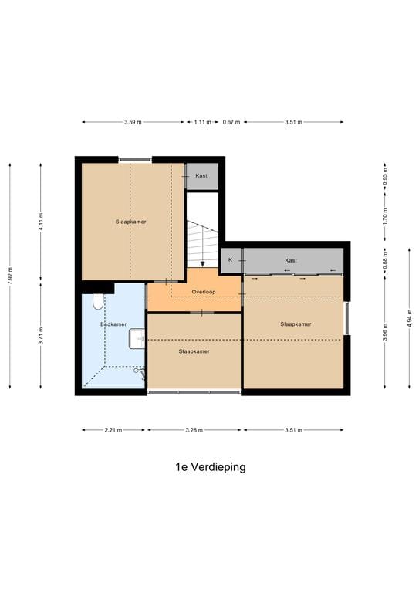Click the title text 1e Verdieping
click(x=210, y=467)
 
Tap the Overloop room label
click(x=204, y=292)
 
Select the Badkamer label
click(x=113, y=324)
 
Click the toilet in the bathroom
click(x=96, y=302)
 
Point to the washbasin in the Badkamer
click(x=137, y=337)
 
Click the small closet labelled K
click(x=230, y=260)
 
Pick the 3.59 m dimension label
click(x=133, y=122)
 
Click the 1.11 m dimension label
click(x=202, y=122)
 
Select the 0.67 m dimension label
click(x=231, y=122)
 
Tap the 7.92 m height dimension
click(x=10, y=276)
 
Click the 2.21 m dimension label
click(x=113, y=430)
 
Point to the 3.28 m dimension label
click(x=194, y=430)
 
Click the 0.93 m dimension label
click(x=384, y=176)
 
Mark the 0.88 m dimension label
click(x=384, y=260)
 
